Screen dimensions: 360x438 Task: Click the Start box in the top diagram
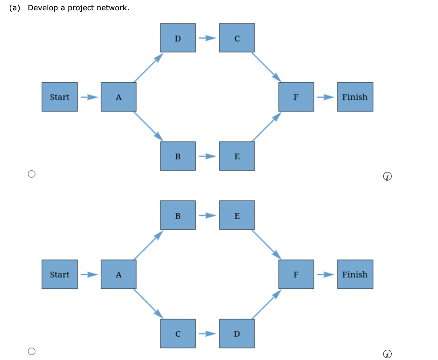[x=59, y=97]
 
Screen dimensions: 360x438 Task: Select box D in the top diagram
[x=178, y=38]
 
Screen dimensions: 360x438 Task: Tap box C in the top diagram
[x=237, y=38]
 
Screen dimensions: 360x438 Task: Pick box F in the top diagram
[x=296, y=97]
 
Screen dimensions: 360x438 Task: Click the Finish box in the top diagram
[x=355, y=97]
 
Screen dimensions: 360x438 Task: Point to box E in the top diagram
[x=237, y=156]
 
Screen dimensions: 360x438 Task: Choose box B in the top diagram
[x=178, y=156]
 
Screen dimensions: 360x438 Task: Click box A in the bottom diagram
[x=118, y=274]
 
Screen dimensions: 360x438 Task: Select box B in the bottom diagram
[x=178, y=215]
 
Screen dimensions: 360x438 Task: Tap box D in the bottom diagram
[x=237, y=333]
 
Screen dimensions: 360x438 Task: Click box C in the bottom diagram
[x=178, y=333]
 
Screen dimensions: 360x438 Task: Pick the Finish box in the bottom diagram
[x=355, y=274]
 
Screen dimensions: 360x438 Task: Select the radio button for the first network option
[x=31, y=174]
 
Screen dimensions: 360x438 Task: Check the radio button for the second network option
[x=31, y=351]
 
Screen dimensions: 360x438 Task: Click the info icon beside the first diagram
[x=387, y=176]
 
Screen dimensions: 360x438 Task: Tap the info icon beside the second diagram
[x=387, y=354]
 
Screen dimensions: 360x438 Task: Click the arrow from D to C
[x=207, y=38]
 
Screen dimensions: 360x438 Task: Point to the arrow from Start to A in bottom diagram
[x=89, y=274]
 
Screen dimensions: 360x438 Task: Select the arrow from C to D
[x=207, y=333]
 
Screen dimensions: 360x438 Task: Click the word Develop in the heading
[x=42, y=8]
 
